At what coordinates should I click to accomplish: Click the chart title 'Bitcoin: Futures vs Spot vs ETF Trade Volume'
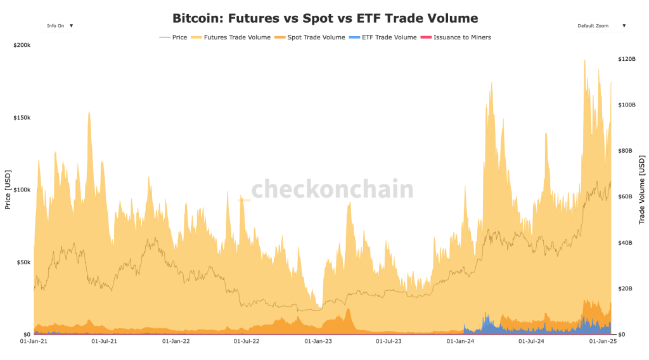click(x=325, y=18)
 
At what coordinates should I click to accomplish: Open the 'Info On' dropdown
click(x=59, y=26)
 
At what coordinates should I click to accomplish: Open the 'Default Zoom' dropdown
click(x=601, y=26)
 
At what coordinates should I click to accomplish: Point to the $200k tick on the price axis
click(x=22, y=46)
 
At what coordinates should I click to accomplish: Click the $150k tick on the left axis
click(x=22, y=118)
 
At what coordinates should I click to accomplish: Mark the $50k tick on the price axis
click(x=23, y=262)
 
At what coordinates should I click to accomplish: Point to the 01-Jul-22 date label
click(x=247, y=341)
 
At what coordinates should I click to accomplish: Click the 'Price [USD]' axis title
click(x=8, y=190)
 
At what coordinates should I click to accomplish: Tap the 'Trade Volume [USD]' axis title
click(x=641, y=190)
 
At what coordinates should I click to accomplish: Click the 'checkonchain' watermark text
click(x=332, y=190)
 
